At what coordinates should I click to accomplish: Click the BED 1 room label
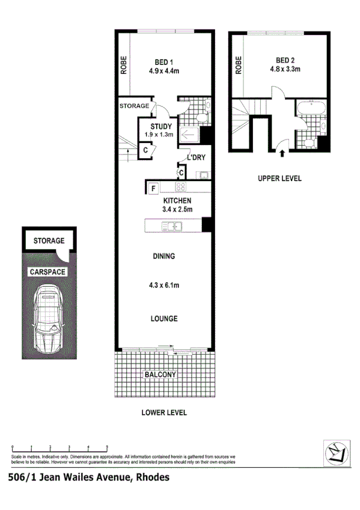tap(165, 61)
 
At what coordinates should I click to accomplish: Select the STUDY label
tap(162, 126)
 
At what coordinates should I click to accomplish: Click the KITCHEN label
tap(177, 201)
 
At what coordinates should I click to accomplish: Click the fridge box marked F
tap(153, 188)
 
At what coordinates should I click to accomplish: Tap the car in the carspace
tap(49, 318)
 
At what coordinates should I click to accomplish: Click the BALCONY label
tap(160, 375)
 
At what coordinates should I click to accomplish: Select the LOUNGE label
tap(164, 318)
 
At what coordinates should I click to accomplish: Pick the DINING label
tap(163, 256)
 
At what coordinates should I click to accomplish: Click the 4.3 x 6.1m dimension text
tap(164, 286)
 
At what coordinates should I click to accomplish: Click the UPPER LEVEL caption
tap(279, 179)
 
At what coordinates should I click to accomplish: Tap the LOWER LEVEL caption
tap(164, 413)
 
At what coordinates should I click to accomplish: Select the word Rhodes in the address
tap(151, 478)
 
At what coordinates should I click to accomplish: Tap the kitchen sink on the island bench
tap(175, 226)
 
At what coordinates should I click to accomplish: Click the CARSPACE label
tap(47, 272)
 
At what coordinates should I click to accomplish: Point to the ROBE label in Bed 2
tap(239, 64)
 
